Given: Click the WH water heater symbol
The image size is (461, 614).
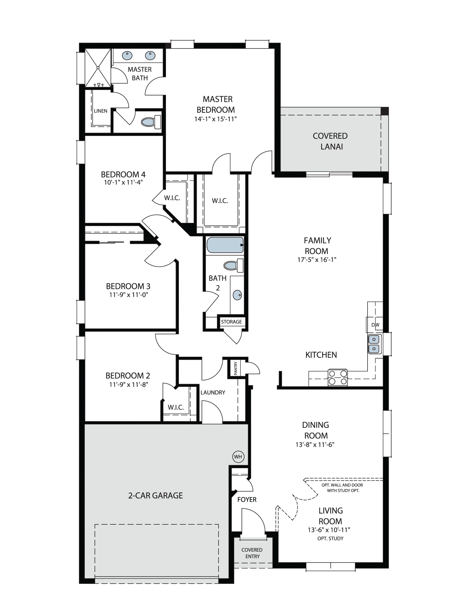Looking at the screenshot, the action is pyautogui.click(x=238, y=457).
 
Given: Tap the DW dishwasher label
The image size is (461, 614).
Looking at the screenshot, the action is pyautogui.click(x=375, y=325).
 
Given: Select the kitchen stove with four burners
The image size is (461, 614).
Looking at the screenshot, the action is pyautogui.click(x=338, y=378).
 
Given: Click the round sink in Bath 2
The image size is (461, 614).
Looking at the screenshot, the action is pyautogui.click(x=237, y=295).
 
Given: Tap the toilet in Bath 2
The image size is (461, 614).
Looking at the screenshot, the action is pyautogui.click(x=234, y=265).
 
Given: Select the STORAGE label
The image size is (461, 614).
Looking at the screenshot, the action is pyautogui.click(x=231, y=322).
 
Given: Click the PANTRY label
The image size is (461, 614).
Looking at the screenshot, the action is pyautogui.click(x=236, y=368).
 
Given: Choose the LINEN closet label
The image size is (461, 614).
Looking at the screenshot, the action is pyautogui.click(x=100, y=111).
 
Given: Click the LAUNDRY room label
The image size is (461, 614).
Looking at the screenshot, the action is pyautogui.click(x=213, y=392).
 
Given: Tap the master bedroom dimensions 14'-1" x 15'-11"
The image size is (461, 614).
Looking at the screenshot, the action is pyautogui.click(x=215, y=119).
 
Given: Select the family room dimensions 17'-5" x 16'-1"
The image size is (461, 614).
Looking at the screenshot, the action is pyautogui.click(x=317, y=260).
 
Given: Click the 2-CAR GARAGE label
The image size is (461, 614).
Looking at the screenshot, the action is pyautogui.click(x=156, y=495).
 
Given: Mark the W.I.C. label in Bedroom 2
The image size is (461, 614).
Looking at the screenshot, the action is pyautogui.click(x=176, y=407).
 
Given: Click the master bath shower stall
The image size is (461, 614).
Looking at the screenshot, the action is pyautogui.click(x=98, y=68).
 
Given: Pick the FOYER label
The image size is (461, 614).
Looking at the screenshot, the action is pyautogui.click(x=247, y=499).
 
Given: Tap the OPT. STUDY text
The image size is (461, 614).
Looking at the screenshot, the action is pyautogui.click(x=330, y=538).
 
